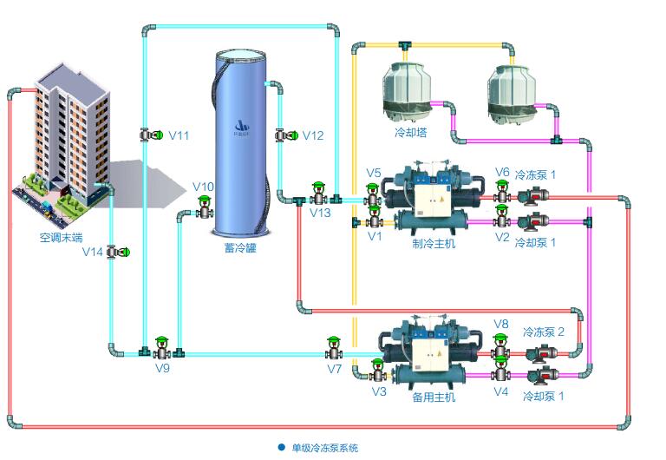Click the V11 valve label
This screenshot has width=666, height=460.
tap(179, 135)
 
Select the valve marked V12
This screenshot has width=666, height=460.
tap(283, 135)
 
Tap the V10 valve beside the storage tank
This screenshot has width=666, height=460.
tap(206, 208)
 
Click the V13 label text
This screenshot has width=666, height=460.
tap(320, 213)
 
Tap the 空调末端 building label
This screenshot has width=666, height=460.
tap(61, 235)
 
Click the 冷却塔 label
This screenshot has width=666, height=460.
tap(411, 133)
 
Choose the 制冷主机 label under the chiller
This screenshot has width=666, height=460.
tap(433, 243)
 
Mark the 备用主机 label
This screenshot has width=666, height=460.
tap(433, 397)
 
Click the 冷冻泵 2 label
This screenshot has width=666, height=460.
tap(543, 332)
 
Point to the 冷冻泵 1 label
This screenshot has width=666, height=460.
tap(535, 174)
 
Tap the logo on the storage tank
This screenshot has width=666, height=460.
tap(241, 128)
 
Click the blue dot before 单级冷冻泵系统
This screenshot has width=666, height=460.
tap(281, 447)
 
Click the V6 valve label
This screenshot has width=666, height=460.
tap(502, 172)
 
